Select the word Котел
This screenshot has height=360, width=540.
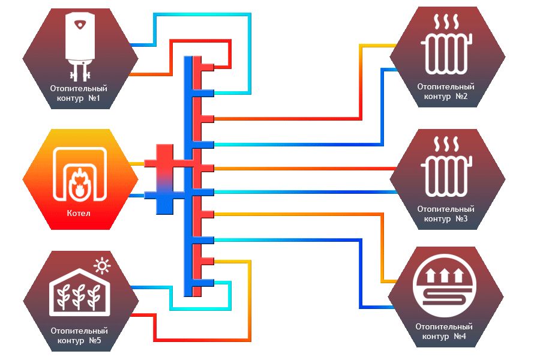80,214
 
